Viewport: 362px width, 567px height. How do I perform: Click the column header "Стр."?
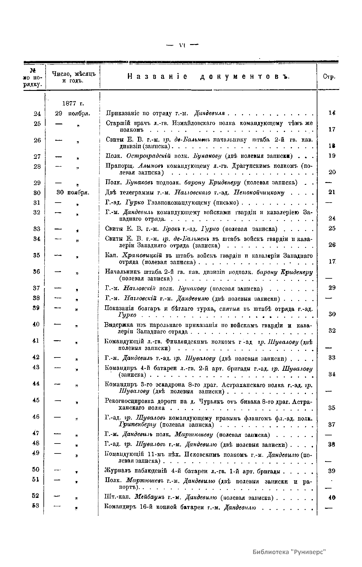point(329,77)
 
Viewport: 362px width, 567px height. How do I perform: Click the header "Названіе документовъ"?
point(208,76)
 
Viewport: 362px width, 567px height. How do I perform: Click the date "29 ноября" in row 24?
point(73,114)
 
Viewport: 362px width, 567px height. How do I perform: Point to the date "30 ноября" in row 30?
point(73,192)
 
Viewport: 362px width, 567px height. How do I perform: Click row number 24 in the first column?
point(37,114)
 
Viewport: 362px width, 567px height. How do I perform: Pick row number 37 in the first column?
point(37,288)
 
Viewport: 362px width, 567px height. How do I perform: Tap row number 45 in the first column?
point(36,400)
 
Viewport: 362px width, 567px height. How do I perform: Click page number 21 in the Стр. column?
point(332,192)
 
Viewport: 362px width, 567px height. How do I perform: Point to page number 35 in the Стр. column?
point(332,408)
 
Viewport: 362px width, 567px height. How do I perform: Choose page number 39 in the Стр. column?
point(332,471)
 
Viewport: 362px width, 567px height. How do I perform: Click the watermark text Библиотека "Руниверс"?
point(290,551)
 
